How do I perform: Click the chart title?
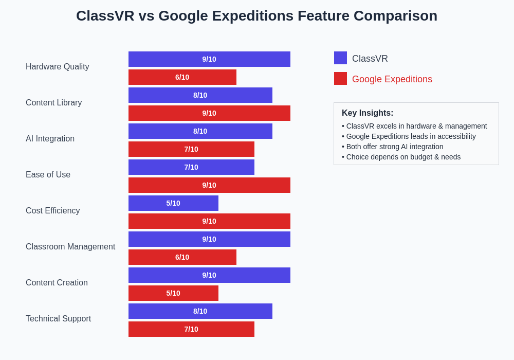(256, 16)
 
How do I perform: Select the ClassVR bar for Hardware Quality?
(209, 59)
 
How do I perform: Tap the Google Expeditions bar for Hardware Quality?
(182, 77)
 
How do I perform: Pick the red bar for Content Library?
(209, 113)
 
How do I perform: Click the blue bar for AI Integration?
(200, 131)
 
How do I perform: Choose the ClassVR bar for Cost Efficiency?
(173, 203)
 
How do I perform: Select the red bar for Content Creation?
(173, 293)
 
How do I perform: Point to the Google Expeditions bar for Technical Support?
(191, 329)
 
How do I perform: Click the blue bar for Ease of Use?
(191, 167)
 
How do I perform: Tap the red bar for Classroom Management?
(182, 257)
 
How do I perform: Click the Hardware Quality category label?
(58, 67)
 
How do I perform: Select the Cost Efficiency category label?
(53, 211)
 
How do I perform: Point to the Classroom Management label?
(70, 247)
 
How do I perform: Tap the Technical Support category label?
(59, 319)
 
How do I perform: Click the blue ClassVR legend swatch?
(340, 58)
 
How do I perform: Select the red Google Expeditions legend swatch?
(340, 79)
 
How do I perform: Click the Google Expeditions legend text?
(392, 79)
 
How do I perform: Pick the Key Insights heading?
(368, 113)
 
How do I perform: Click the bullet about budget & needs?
(401, 157)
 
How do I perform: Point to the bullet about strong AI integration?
(393, 147)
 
